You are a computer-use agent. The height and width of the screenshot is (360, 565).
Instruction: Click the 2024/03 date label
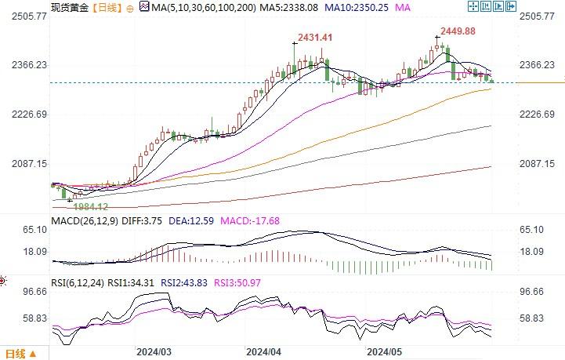[x=153, y=351]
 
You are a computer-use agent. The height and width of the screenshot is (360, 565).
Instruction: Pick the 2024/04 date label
[x=263, y=351]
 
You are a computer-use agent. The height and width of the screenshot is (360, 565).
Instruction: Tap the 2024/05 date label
[x=386, y=351]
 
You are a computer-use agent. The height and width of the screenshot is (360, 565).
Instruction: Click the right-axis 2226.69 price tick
[x=537, y=115]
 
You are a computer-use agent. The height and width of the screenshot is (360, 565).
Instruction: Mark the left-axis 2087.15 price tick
[x=27, y=163]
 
